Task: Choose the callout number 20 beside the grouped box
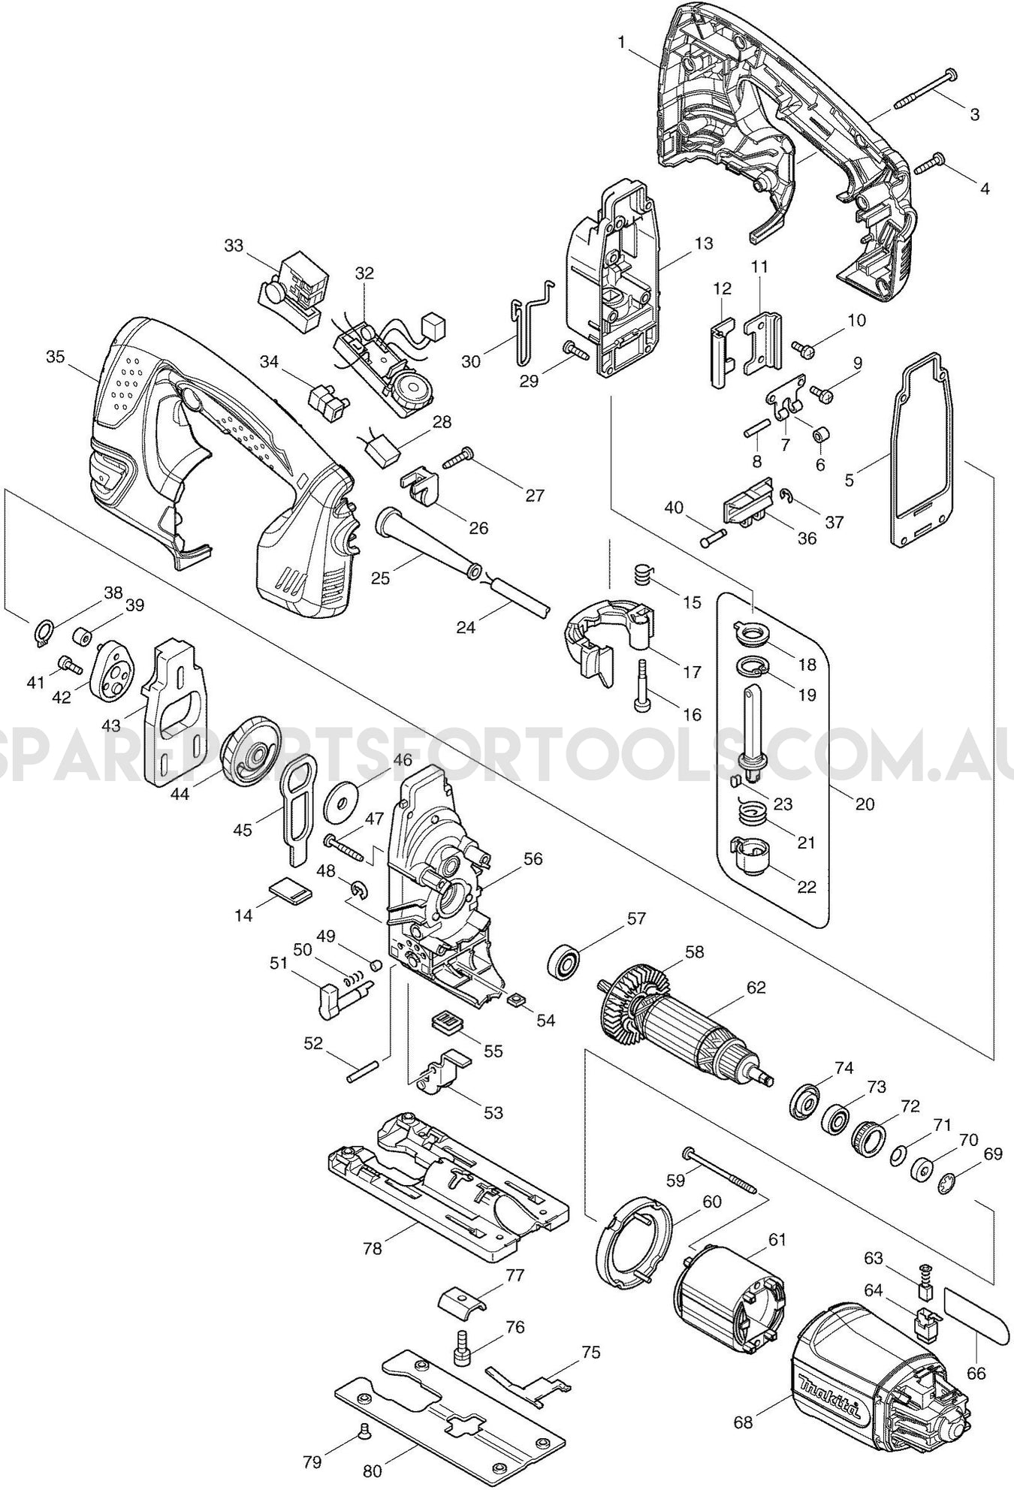(865, 804)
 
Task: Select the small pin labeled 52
(364, 1070)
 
